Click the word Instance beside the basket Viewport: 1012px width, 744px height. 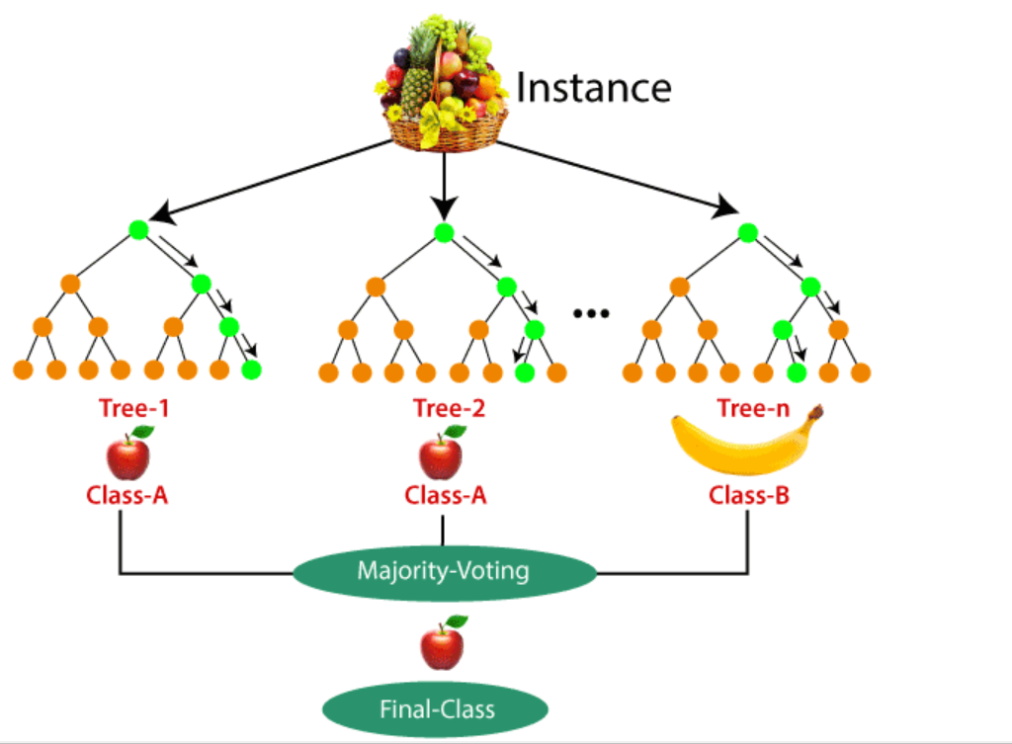click(x=593, y=87)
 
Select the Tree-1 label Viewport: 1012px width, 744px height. click(x=132, y=408)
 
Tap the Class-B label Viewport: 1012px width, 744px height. click(x=749, y=495)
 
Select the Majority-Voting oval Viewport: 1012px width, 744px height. click(x=443, y=570)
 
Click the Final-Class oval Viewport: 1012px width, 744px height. click(x=437, y=708)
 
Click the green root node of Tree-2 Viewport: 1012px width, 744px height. click(x=444, y=233)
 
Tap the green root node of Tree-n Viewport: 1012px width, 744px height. click(x=748, y=233)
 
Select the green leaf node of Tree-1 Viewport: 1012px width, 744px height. click(x=251, y=371)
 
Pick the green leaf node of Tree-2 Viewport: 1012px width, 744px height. click(x=525, y=372)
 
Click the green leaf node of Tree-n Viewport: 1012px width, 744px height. click(x=797, y=372)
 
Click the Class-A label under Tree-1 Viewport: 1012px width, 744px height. click(x=127, y=495)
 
